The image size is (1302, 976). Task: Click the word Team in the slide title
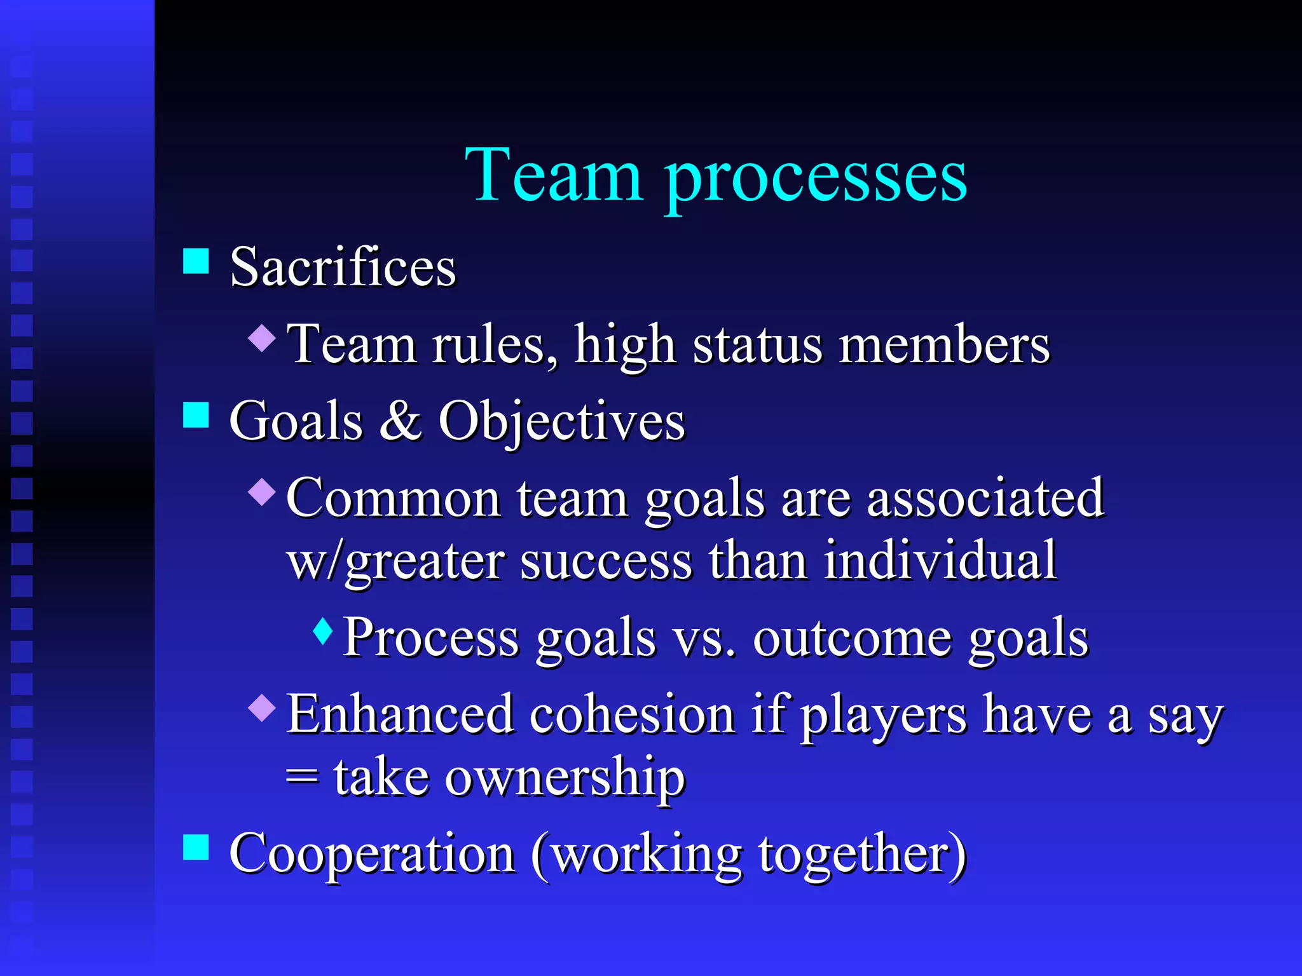pyautogui.click(x=553, y=175)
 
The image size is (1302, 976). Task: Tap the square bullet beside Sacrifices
pyautogui.click(x=196, y=260)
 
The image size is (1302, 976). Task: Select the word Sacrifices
pyautogui.click(x=343, y=267)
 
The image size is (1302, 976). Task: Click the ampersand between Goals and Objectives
pyautogui.click(x=401, y=421)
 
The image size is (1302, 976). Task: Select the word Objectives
pyautogui.click(x=562, y=422)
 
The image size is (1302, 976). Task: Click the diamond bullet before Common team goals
pyautogui.click(x=262, y=491)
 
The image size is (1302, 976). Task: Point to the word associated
pyautogui.click(x=985, y=498)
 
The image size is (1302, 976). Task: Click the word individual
pyautogui.click(x=940, y=560)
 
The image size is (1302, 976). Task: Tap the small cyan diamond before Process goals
pyautogui.click(x=323, y=631)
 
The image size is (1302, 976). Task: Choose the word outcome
pyautogui.click(x=853, y=638)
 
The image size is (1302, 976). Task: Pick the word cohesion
pyautogui.click(x=633, y=714)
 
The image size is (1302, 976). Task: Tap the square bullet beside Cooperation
pyautogui.click(x=196, y=847)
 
